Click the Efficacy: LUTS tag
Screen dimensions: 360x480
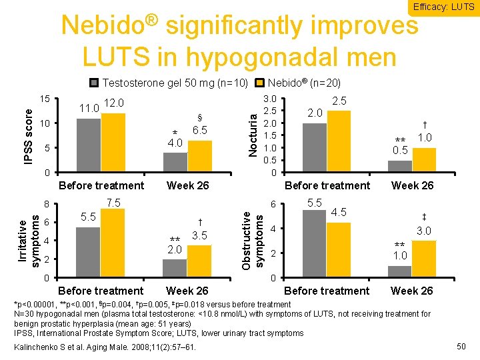click(x=444, y=7)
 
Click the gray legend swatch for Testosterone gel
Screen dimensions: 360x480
click(x=94, y=83)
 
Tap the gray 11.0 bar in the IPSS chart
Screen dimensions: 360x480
click(x=89, y=145)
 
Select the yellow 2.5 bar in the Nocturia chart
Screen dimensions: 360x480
click(x=339, y=141)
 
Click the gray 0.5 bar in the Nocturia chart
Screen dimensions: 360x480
click(x=399, y=167)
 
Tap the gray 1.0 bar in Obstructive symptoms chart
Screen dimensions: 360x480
click(x=399, y=271)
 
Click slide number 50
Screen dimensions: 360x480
click(x=459, y=346)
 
